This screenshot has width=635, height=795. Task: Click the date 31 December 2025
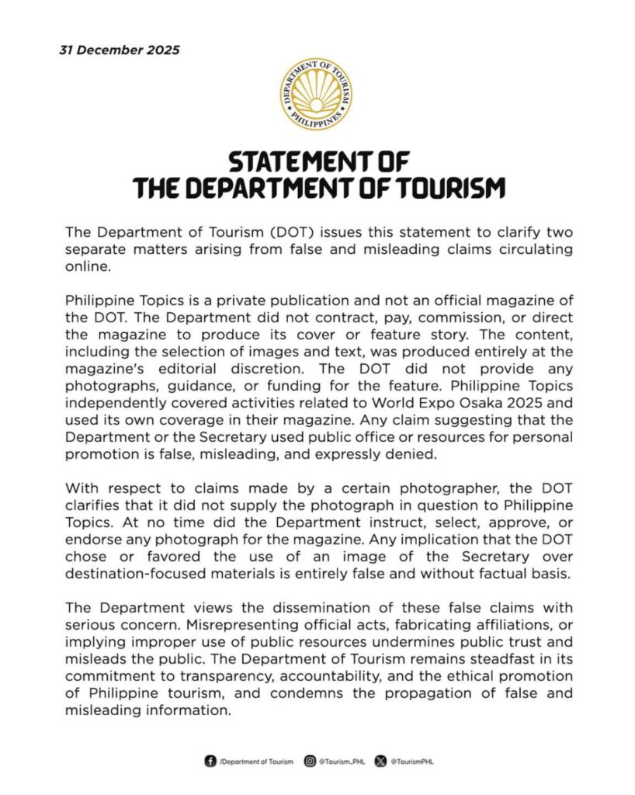point(120,50)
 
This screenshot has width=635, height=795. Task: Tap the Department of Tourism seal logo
point(317,94)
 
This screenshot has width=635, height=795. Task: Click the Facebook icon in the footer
point(210,762)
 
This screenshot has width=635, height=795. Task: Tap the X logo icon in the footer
point(380,762)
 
